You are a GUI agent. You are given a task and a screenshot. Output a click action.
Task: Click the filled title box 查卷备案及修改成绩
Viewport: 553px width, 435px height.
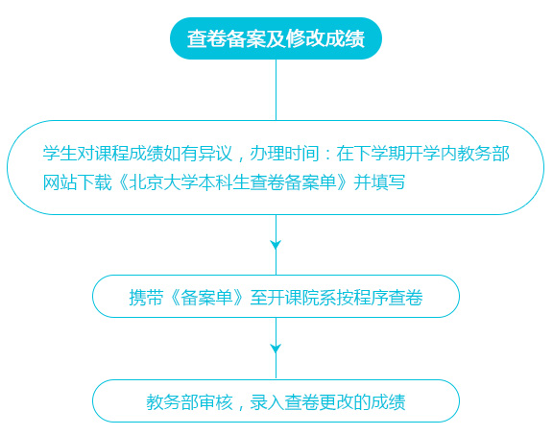click(x=276, y=38)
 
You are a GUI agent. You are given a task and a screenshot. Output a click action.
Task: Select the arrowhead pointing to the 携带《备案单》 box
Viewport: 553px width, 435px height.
click(x=276, y=245)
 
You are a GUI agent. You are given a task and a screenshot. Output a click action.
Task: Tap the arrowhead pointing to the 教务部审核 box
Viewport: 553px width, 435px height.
click(x=276, y=349)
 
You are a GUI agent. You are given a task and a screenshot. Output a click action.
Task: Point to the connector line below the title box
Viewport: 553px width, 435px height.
click(x=276, y=89)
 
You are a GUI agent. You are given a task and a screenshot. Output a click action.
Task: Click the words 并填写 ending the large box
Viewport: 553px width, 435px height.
click(x=379, y=182)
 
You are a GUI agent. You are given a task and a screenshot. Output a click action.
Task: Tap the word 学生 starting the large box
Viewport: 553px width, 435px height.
click(x=60, y=154)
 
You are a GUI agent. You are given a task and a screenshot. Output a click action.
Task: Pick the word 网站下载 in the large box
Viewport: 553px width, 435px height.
click(x=77, y=182)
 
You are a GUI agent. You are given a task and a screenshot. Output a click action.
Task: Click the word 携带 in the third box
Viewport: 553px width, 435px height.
click(x=146, y=298)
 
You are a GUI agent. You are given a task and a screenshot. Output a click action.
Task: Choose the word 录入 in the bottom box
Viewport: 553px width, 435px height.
click(x=267, y=402)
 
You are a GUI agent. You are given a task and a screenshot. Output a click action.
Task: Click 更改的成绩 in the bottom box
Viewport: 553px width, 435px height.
click(x=362, y=402)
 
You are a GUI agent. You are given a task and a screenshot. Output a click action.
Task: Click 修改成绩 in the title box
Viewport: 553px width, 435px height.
click(x=325, y=38)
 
